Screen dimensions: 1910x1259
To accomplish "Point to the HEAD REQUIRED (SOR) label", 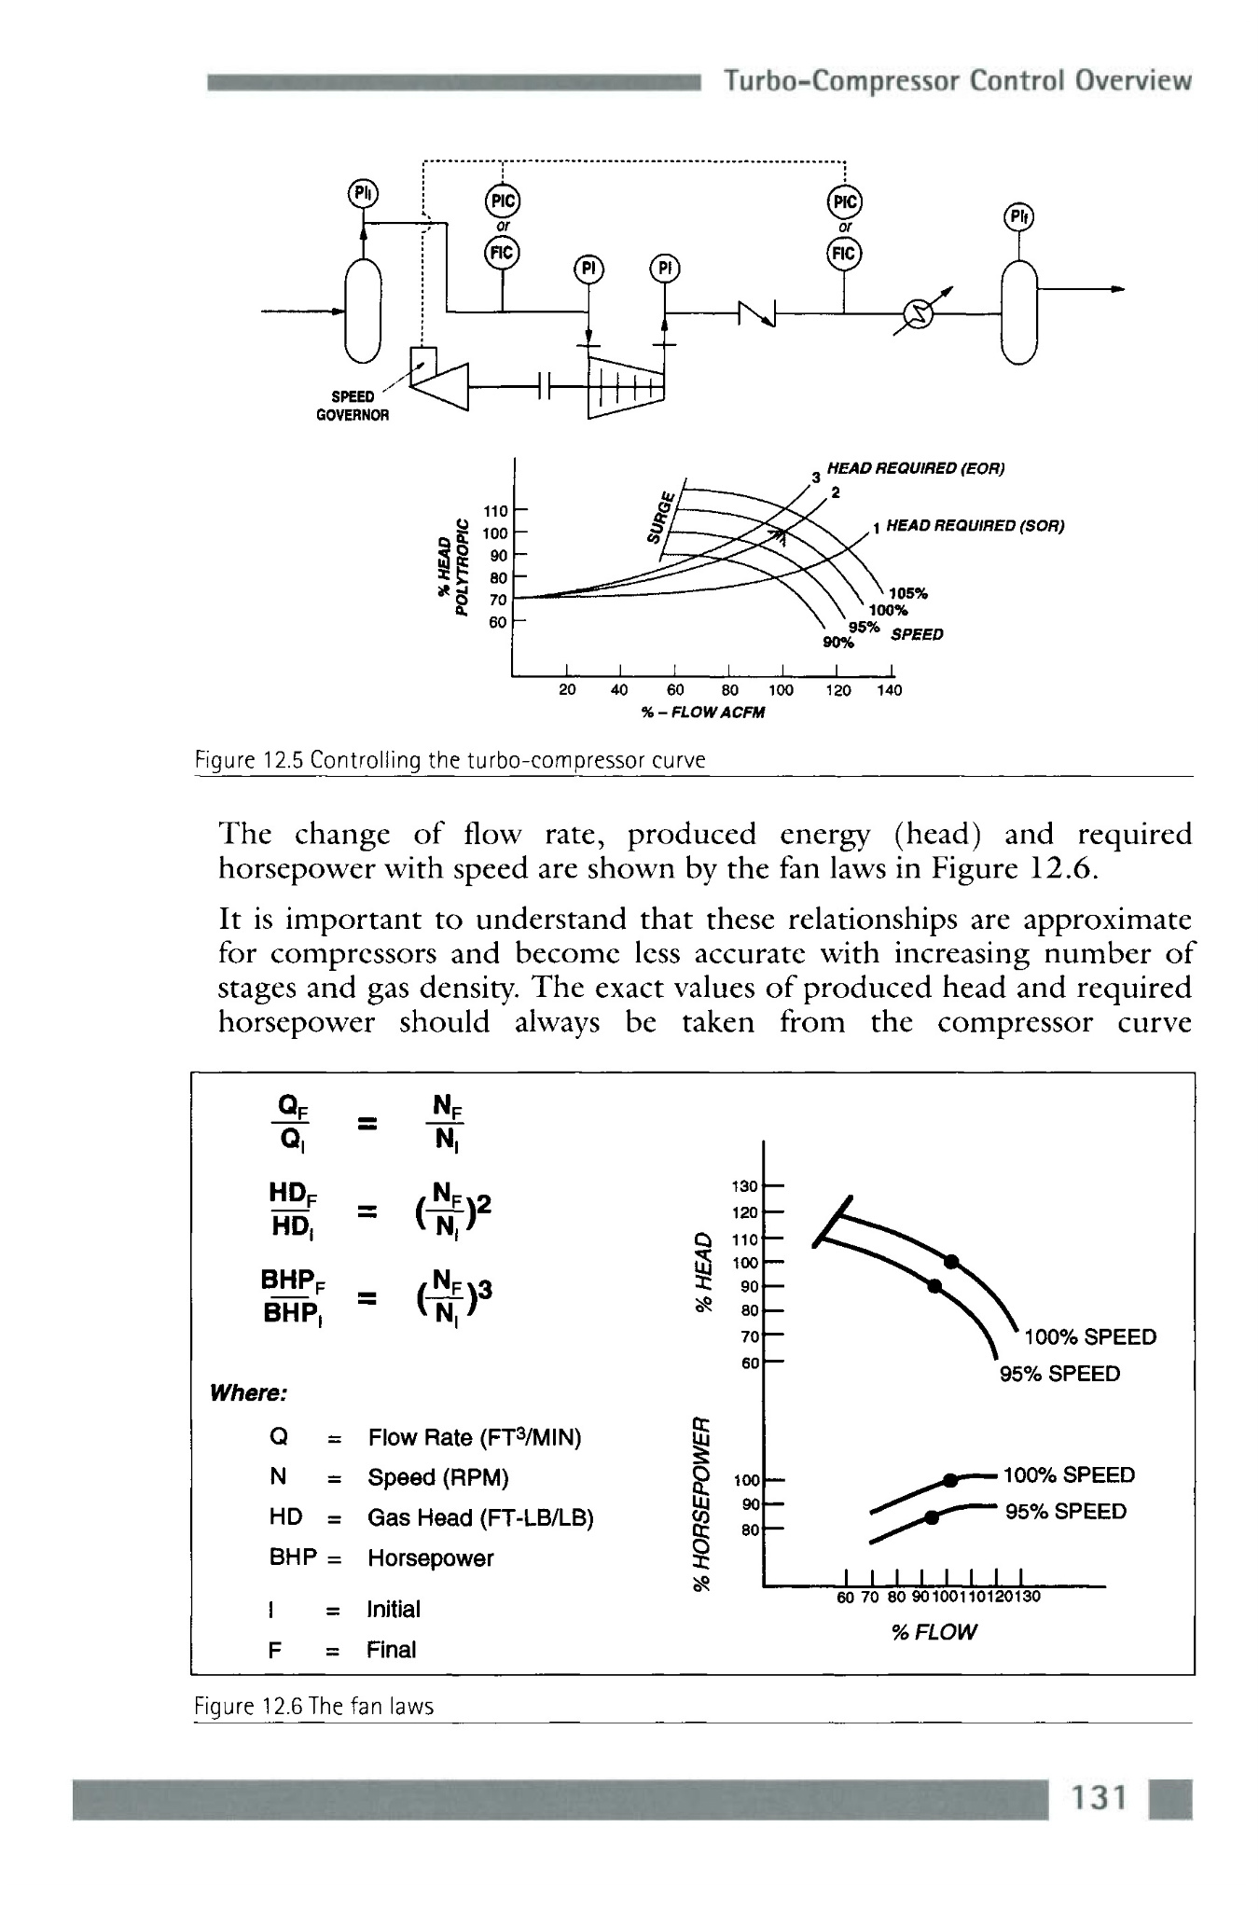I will coord(975,525).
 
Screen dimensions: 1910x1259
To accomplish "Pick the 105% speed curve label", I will coord(908,593).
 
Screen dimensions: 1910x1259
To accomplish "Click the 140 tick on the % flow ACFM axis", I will coord(889,690).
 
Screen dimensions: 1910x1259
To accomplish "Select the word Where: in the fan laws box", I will coord(248,1393).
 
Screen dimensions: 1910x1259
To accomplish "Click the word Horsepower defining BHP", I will coord(430,1557).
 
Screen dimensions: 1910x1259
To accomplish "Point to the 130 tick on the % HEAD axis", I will coord(746,1186).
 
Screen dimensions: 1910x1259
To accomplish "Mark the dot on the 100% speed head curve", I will coord(951,1262).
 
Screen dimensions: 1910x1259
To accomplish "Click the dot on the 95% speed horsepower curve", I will coord(931,1517).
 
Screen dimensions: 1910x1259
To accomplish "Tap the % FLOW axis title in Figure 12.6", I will coord(934,1631).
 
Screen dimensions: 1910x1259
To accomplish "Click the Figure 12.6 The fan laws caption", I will coord(314,1706).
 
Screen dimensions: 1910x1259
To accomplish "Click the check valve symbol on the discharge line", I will coord(756,314).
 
